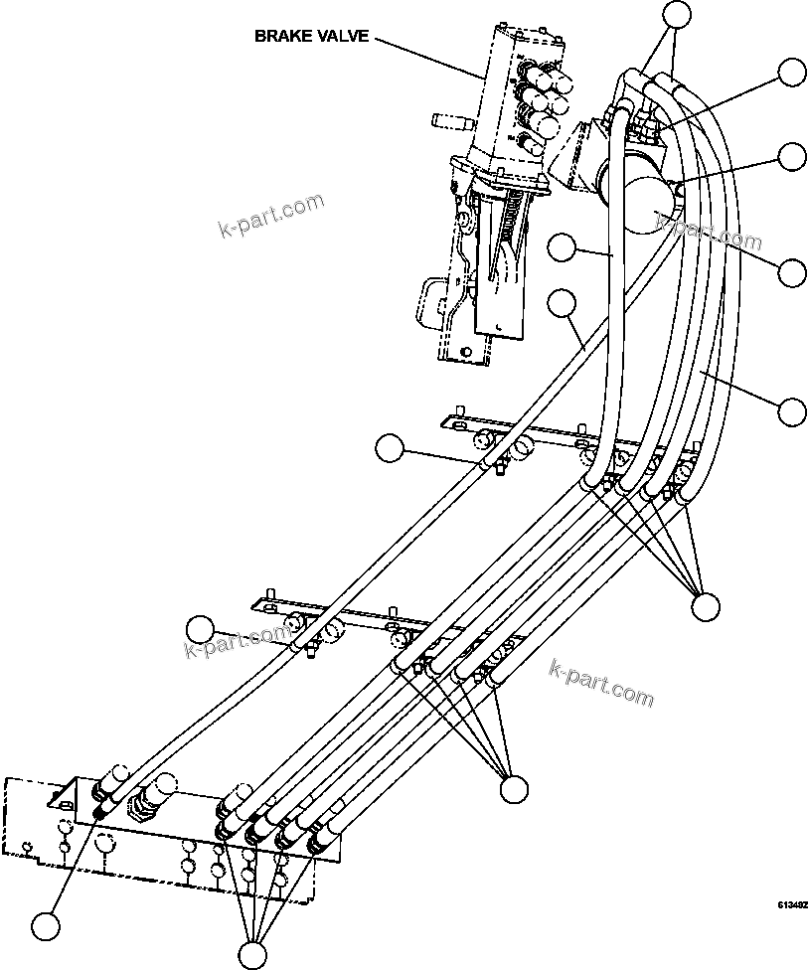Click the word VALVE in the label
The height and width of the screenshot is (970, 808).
[x=343, y=37]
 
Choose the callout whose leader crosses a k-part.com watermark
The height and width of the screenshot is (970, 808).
[x=792, y=271]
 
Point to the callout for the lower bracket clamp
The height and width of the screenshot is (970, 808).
[x=201, y=629]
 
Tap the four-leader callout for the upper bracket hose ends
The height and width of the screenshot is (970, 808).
[x=706, y=605]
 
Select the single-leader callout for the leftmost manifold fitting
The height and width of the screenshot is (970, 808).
[x=46, y=926]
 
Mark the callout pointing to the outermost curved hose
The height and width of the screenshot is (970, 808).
[x=792, y=410]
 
